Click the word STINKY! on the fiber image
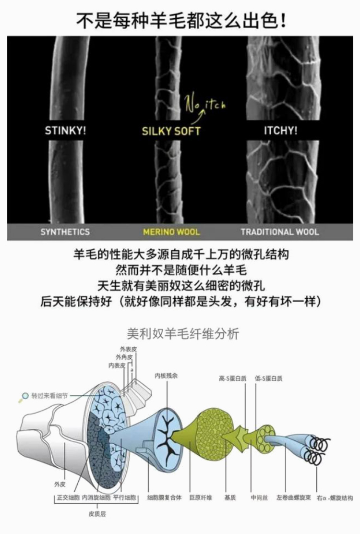(x=65, y=131)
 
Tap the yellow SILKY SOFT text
(x=171, y=131)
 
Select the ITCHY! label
(x=280, y=131)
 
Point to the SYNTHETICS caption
(x=65, y=232)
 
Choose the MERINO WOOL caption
(x=171, y=232)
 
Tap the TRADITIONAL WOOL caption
(x=279, y=232)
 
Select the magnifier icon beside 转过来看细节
(x=24, y=396)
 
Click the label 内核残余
(x=166, y=376)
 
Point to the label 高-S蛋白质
(x=232, y=378)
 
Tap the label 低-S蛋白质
(x=268, y=378)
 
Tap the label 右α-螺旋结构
(x=335, y=498)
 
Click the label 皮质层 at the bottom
(x=96, y=514)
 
